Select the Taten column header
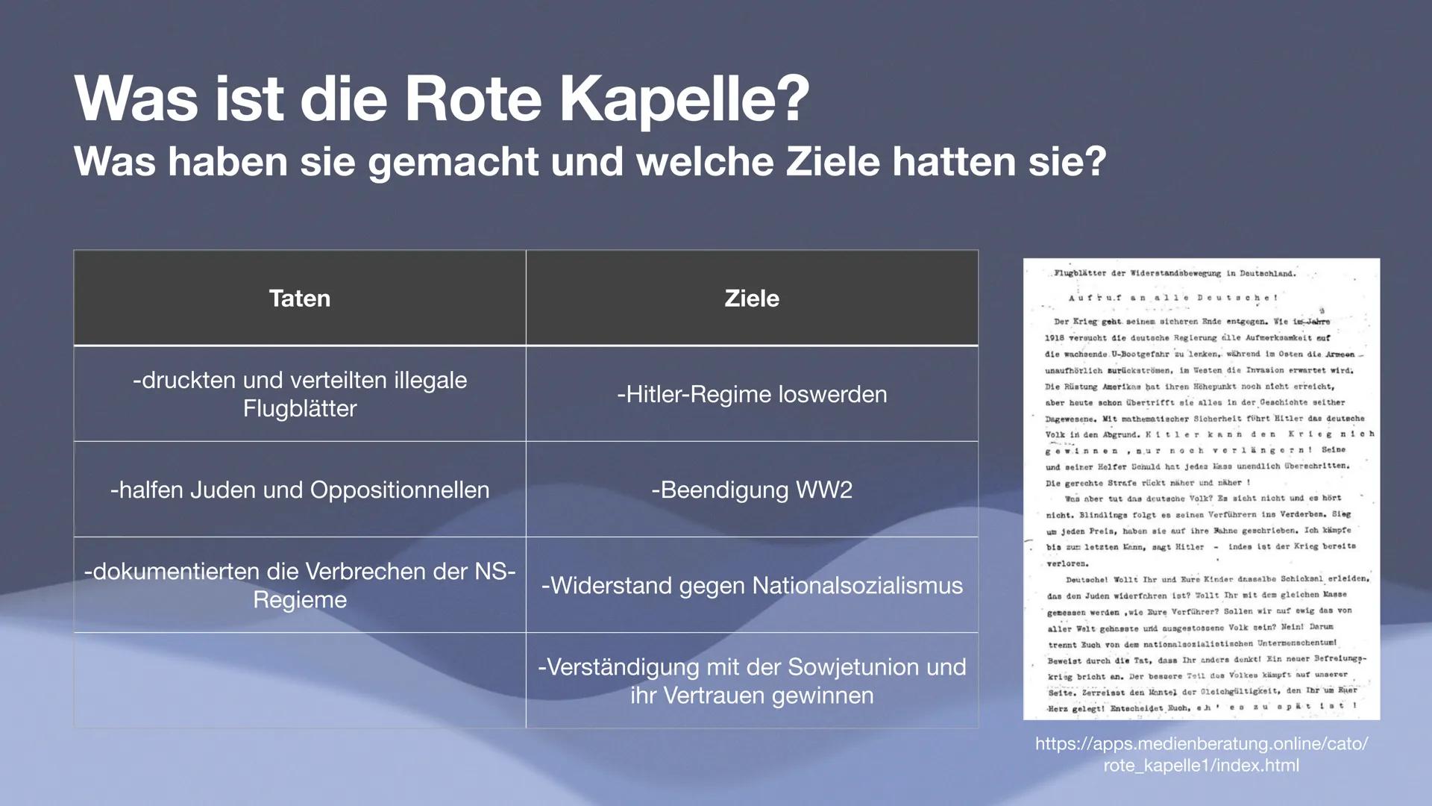pos(299,299)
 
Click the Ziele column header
pos(752,299)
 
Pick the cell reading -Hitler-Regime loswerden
pos(752,394)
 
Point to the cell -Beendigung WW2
pos(752,490)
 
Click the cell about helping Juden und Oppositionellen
pos(299,490)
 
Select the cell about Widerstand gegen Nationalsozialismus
pos(752,585)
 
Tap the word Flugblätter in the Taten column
pos(299,409)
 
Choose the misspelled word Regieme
pos(299,600)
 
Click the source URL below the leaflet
pos(1201,755)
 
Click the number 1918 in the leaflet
pos(1055,338)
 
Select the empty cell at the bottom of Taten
pos(299,681)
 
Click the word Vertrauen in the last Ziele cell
pos(714,696)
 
